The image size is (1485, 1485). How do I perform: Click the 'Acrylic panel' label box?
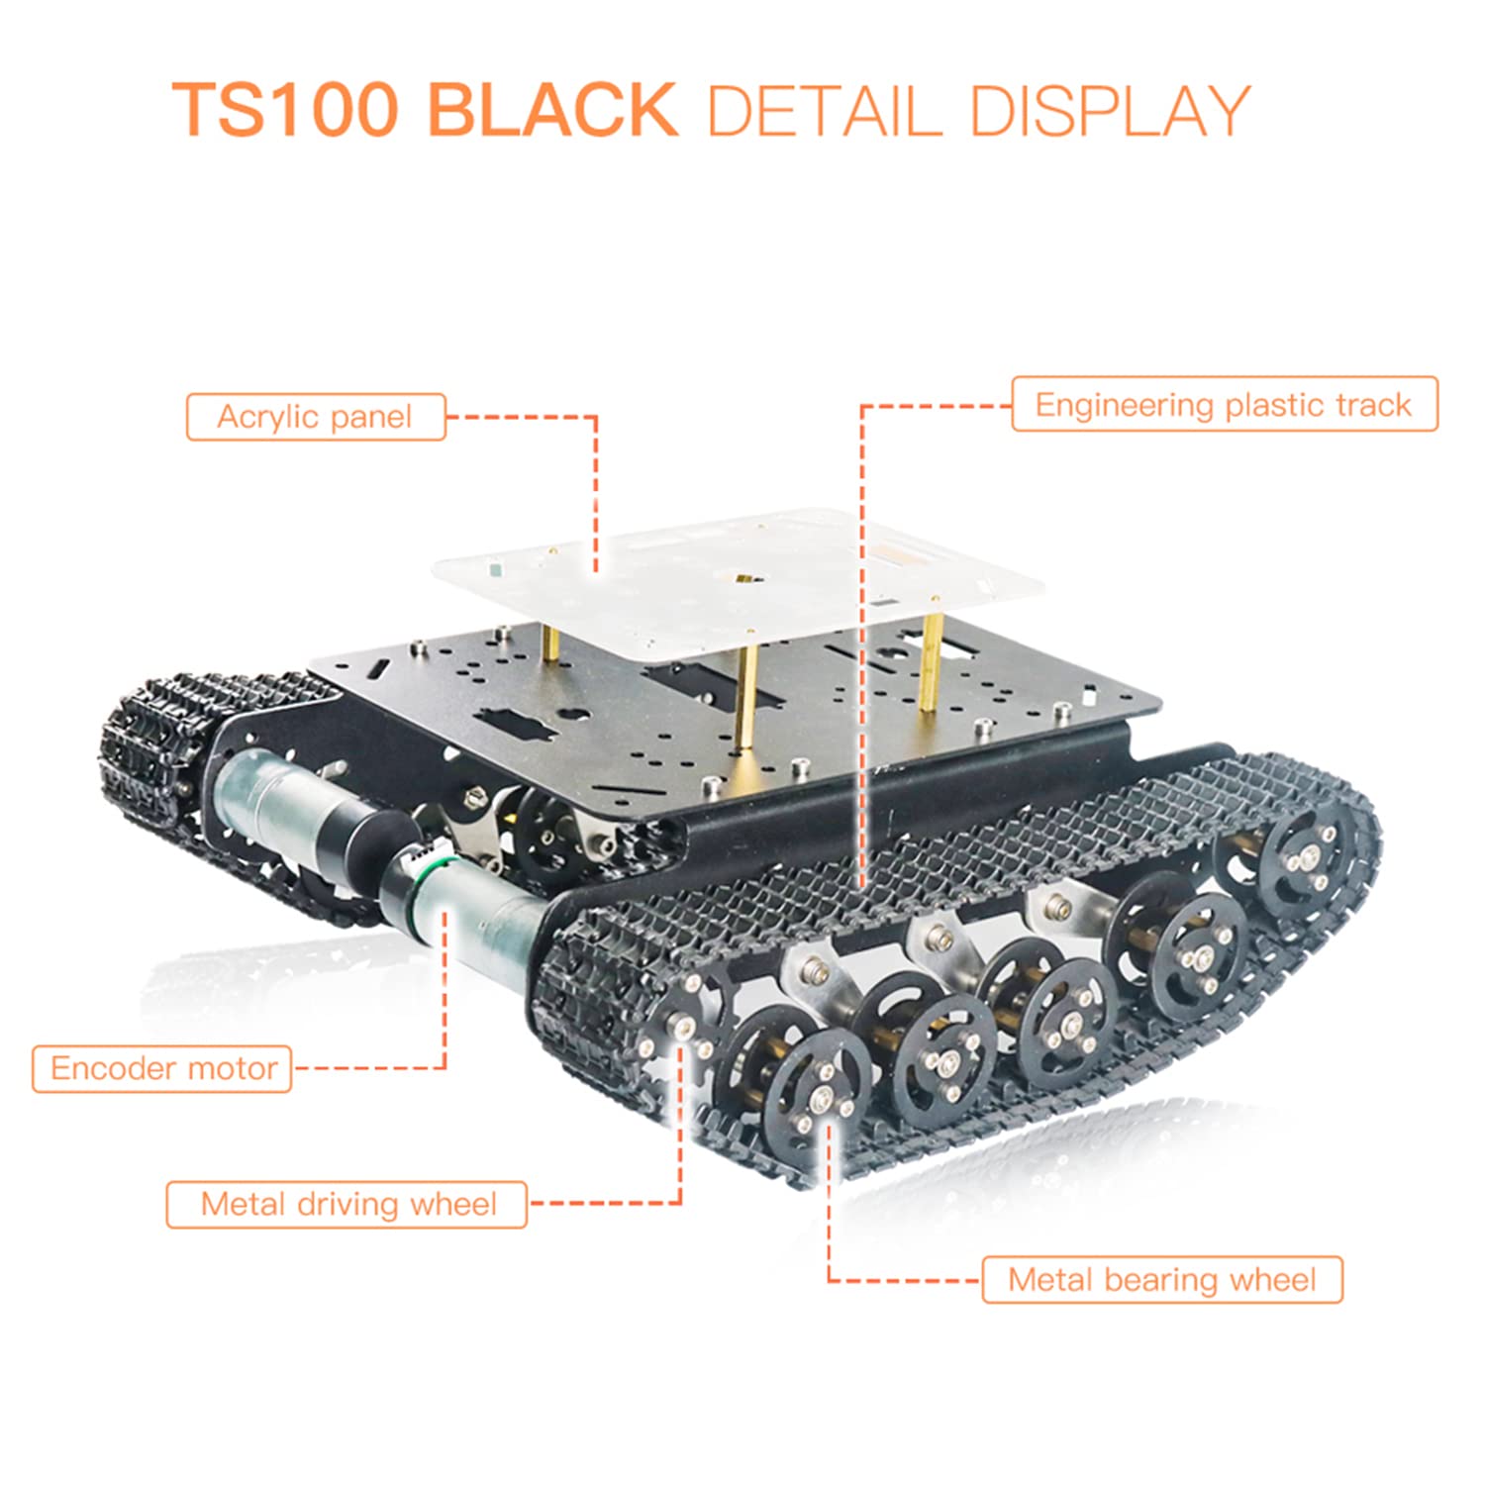pos(316,417)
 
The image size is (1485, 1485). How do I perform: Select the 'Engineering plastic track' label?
pos(1224,404)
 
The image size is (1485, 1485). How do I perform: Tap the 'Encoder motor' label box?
pos(162,1068)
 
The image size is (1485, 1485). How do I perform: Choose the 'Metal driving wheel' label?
pos(346,1204)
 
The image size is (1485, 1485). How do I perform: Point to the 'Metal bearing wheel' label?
pos(1162,1279)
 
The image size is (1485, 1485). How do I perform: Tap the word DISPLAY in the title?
pos(1111,110)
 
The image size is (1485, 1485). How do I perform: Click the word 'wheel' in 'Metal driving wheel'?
pos(453,1204)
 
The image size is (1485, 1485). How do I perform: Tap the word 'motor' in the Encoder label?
pos(233,1069)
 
